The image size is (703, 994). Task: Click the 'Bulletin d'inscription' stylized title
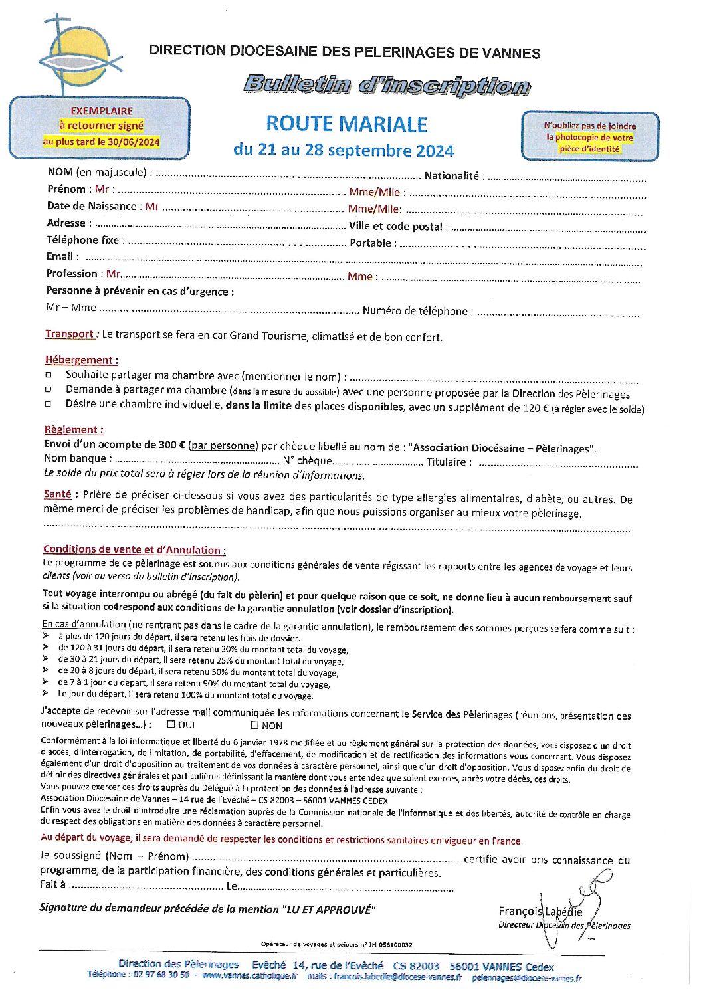tap(386, 85)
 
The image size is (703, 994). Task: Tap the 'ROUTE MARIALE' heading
tap(346, 124)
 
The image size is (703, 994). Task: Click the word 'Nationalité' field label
tap(451, 176)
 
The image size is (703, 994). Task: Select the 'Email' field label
tap(59, 256)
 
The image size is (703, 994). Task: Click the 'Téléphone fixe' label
tap(82, 240)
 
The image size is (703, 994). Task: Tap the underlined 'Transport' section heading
tap(70, 334)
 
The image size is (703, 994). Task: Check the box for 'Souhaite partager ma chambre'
tap(49, 376)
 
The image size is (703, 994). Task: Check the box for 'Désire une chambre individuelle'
tap(49, 404)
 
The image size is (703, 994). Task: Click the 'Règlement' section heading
tap(73, 430)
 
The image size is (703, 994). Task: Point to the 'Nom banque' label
tap(74, 458)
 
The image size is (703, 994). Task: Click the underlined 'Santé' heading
tap(57, 494)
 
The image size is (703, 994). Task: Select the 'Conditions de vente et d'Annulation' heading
tap(132, 549)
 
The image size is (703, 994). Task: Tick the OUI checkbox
tap(171, 724)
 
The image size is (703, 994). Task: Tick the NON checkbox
tap(254, 725)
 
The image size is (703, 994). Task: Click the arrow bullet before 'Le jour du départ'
tap(45, 694)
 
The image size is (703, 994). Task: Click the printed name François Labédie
tap(540, 912)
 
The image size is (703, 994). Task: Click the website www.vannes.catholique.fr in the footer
tap(249, 975)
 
